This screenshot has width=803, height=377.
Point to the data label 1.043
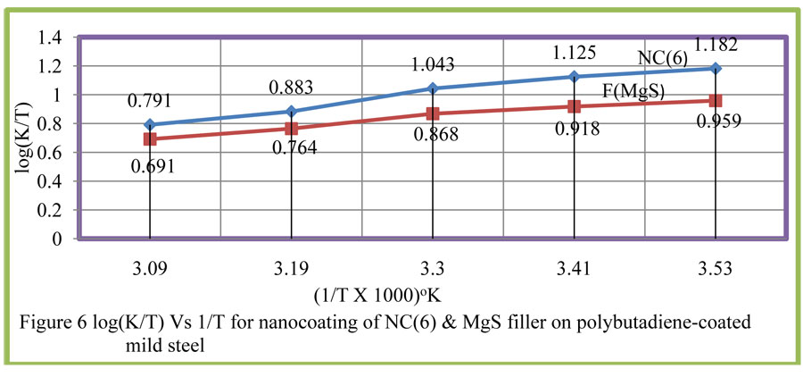pos(432,65)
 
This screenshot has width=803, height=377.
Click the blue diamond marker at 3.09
pos(150,125)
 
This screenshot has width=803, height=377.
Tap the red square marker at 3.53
pos(715,101)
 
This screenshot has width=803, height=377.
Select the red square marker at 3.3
pos(433,113)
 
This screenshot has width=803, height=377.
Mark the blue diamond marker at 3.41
pos(575,77)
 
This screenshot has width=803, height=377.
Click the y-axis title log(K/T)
pos(19,139)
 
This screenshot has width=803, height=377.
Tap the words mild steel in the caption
pos(166,340)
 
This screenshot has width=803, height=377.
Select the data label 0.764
pos(291,148)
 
